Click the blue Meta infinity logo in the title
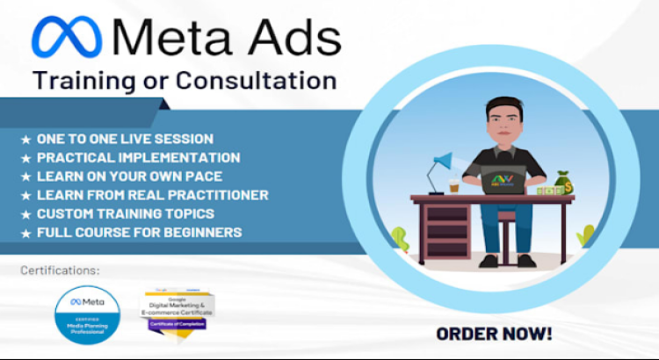coord(67,38)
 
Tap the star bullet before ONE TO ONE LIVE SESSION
coord(25,140)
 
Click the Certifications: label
coord(60,270)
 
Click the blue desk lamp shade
coord(444,162)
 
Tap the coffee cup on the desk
coord(454,187)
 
